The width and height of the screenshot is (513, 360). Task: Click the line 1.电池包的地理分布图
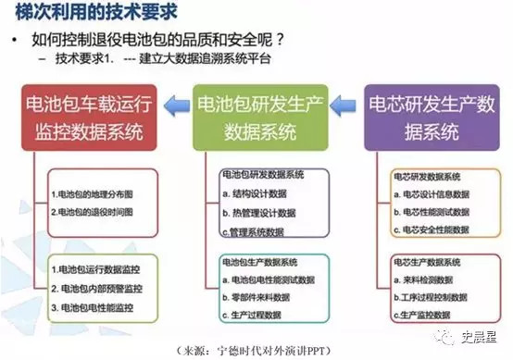click(x=93, y=195)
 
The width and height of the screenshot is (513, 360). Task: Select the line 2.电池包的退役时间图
click(x=93, y=212)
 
